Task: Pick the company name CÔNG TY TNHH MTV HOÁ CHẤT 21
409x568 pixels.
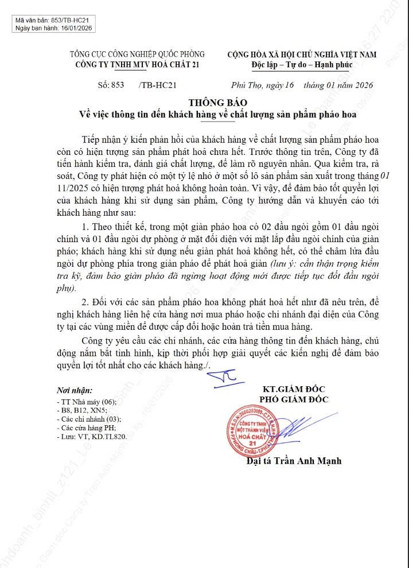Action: tap(137, 64)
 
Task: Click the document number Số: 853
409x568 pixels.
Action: tap(111, 85)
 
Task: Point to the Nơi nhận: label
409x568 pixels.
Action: tap(75, 390)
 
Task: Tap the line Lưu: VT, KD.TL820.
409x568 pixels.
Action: tap(91, 437)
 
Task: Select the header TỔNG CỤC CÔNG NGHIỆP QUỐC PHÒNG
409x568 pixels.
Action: tap(137, 55)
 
